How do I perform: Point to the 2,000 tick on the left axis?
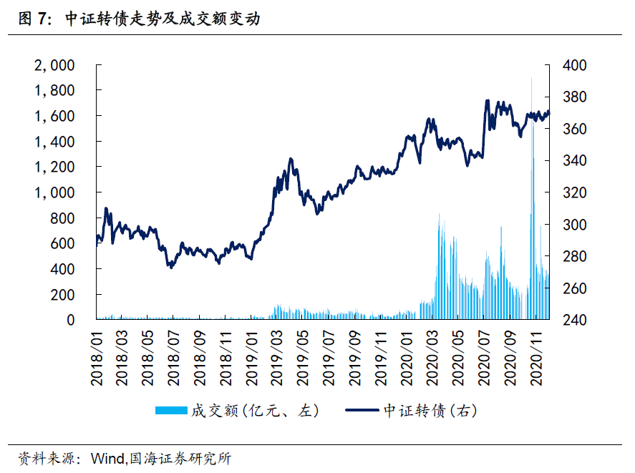coord(54,65)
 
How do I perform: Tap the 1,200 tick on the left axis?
coord(54,167)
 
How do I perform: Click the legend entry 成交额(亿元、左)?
coord(253,411)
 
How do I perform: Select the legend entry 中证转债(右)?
coord(430,411)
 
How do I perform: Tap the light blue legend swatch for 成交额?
coord(171,411)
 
